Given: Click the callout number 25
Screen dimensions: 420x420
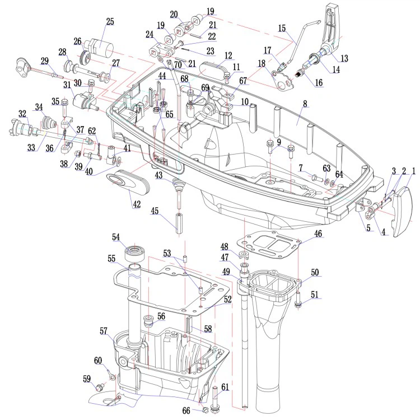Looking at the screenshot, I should tap(110, 22).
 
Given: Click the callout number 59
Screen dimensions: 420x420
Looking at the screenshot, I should tap(87, 379).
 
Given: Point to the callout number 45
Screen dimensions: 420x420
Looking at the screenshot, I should tap(155, 211).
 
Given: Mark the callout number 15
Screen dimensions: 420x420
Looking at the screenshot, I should tap(282, 28).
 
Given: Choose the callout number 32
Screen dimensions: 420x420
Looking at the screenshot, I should tap(22, 114).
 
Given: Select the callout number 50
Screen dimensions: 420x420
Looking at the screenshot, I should tap(315, 272).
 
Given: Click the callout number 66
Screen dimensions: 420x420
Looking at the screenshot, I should tap(186, 410).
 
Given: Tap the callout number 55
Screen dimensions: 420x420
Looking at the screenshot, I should tap(111, 259).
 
